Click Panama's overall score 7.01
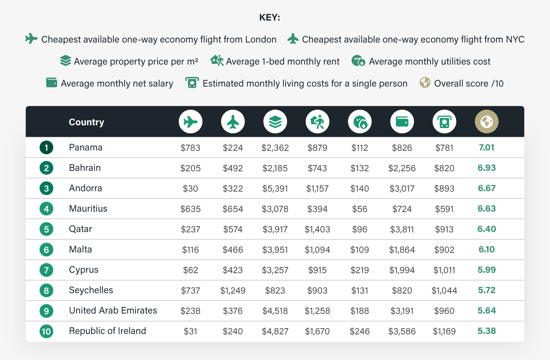coord(486,147)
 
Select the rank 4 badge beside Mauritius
coord(46,209)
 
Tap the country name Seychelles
coord(91,290)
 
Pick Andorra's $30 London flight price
coord(191,189)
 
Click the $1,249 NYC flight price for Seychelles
coord(233,290)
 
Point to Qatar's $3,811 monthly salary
coord(402,229)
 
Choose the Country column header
coord(86,122)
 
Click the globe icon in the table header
coord(486,122)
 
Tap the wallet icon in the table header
coord(402,122)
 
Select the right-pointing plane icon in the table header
coord(191,122)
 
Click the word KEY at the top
coord(269,17)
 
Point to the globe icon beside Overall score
coord(425,83)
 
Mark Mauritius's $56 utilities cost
coord(359,209)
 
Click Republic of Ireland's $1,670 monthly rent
coord(317,331)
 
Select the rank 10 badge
coord(46,331)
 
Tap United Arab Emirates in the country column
coord(113,310)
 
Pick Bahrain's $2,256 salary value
coord(402,168)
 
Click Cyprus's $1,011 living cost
coord(444,270)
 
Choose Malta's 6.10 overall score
coord(486,250)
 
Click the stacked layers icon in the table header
coord(275,122)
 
